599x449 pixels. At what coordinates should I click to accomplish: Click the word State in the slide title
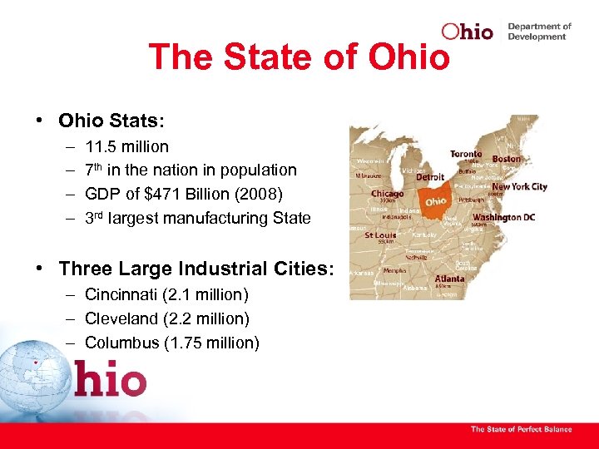[254, 57]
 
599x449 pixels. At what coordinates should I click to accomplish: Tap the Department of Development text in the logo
[539, 32]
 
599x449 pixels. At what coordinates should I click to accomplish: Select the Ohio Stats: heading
[111, 121]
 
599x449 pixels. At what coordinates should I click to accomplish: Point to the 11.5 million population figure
[126, 147]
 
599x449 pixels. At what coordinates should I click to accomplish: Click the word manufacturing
[223, 219]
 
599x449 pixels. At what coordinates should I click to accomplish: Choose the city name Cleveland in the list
[121, 319]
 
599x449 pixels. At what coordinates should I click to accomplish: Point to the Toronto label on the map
[466, 155]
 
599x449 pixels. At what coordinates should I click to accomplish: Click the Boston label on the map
[506, 159]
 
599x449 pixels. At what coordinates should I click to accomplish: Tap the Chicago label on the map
[387, 194]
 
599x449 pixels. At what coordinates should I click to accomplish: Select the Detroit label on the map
[430, 178]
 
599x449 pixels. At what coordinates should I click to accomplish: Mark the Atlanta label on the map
[449, 279]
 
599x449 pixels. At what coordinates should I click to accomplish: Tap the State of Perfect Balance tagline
[521, 429]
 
